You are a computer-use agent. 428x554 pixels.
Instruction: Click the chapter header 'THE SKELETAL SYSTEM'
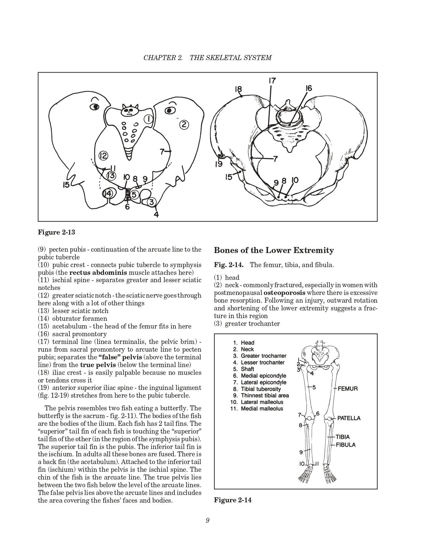point(230,58)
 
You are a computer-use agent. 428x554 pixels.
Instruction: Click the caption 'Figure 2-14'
point(233,500)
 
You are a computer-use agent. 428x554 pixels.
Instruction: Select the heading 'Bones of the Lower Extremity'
point(274,250)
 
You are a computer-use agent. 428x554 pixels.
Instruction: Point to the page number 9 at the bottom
point(208,520)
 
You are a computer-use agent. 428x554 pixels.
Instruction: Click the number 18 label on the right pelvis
point(238,89)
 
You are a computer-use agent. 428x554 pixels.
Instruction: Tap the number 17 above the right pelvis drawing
point(272,81)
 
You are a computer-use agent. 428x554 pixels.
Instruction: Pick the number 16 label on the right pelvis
point(309,88)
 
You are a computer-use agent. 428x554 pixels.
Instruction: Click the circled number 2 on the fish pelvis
point(184,125)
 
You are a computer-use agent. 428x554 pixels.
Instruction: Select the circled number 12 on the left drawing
point(103,155)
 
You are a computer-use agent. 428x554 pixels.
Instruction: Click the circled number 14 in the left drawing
point(107,193)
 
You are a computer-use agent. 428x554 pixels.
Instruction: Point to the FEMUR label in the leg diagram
point(347,389)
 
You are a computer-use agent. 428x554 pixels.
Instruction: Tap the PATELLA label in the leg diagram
point(349,418)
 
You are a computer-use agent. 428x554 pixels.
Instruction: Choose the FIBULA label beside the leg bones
point(346,445)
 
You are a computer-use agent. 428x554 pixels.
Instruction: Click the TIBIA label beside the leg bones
point(342,437)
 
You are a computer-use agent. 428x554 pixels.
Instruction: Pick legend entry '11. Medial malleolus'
point(257,409)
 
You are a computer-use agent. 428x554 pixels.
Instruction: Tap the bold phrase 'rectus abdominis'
point(98,272)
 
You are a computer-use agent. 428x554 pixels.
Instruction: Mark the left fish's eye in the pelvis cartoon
point(95,107)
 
